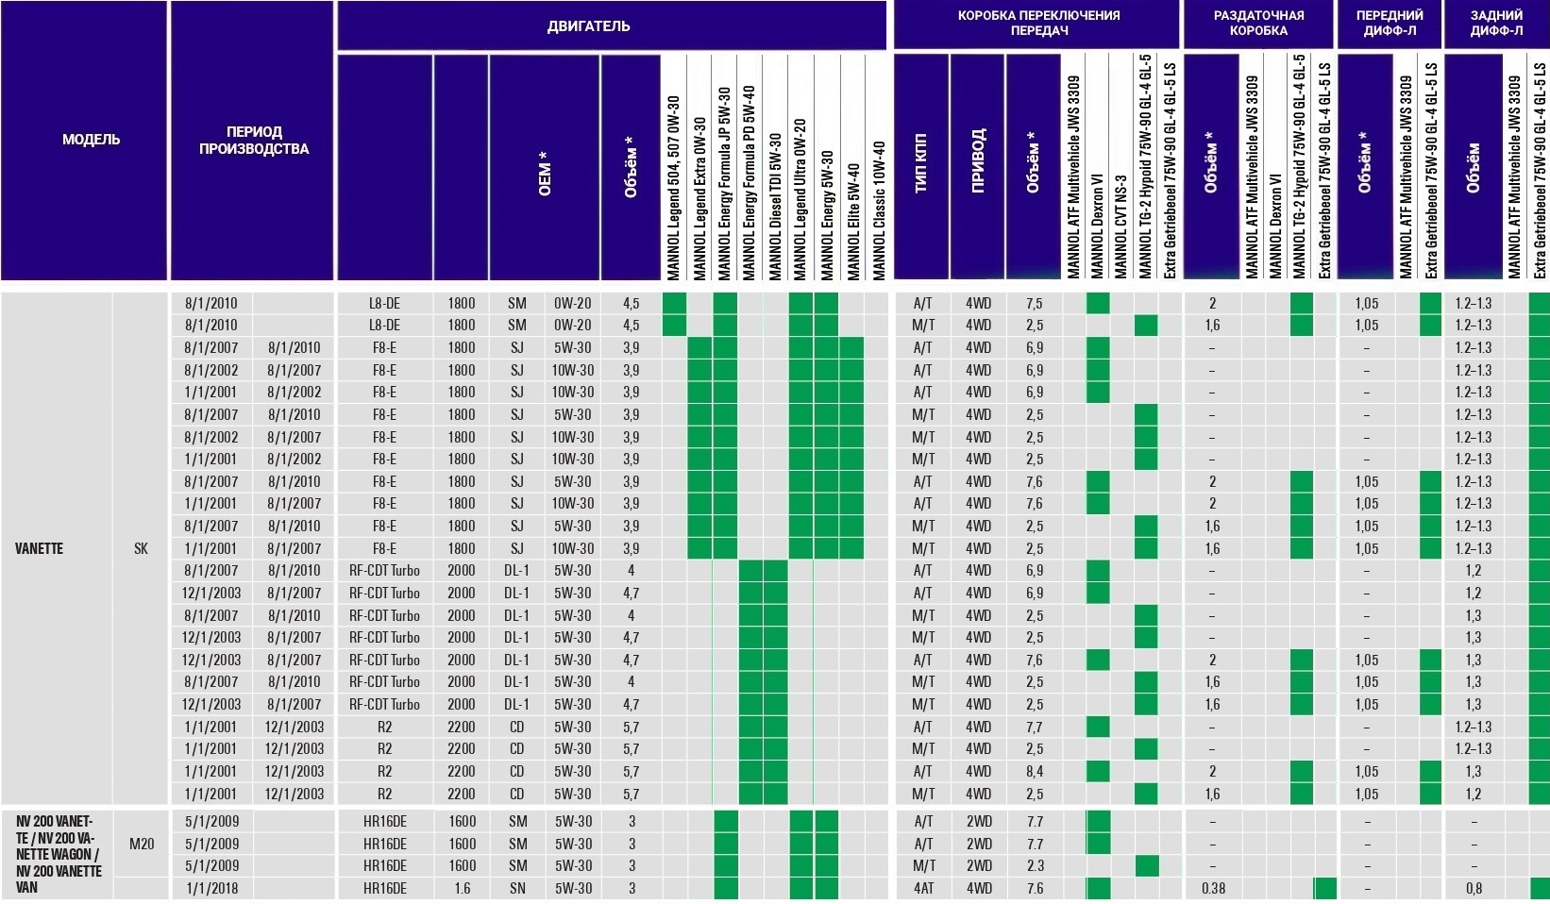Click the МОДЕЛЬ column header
(91, 140)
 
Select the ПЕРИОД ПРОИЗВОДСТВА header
(253, 140)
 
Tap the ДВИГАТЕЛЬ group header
(587, 25)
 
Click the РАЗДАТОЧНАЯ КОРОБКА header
(1258, 23)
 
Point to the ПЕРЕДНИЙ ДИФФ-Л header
(1389, 23)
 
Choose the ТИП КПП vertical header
(921, 165)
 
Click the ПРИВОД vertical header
(977, 165)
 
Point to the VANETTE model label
(39, 548)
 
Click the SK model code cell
(141, 548)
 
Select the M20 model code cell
(141, 844)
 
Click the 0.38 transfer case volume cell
(1213, 888)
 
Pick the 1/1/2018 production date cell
(211, 888)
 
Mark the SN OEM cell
(516, 888)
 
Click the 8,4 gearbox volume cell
(1034, 771)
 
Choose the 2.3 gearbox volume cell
(1034, 865)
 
